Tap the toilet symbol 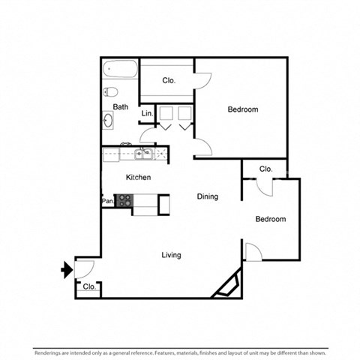coord(109,92)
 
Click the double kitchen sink coord(143,155)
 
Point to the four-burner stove coord(124,200)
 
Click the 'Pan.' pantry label coord(107,201)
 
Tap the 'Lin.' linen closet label coord(148,113)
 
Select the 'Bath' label coord(121,107)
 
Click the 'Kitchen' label coord(138,178)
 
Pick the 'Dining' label coord(208,197)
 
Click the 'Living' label coord(171,255)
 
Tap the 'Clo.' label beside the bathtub coord(169,80)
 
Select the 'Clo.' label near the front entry coord(88,287)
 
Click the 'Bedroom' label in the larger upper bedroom coord(243,110)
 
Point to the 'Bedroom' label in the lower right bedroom coord(270,220)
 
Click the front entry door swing coord(84,267)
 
